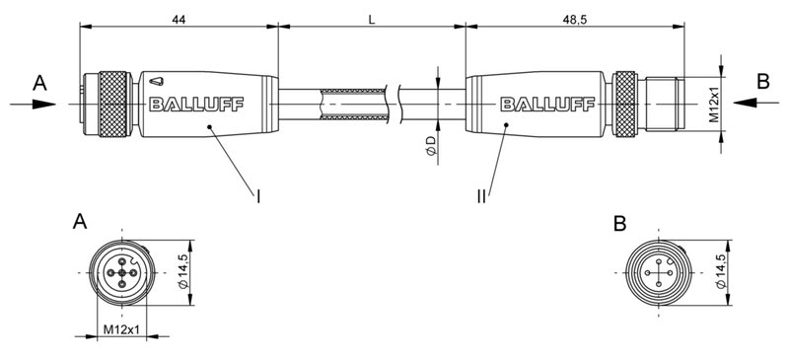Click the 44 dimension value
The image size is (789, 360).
179,19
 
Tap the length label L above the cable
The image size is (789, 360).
371,19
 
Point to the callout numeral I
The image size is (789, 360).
258,196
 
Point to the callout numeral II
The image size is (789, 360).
481,196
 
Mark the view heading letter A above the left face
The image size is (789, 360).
80,224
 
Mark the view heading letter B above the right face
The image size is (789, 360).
618,224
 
